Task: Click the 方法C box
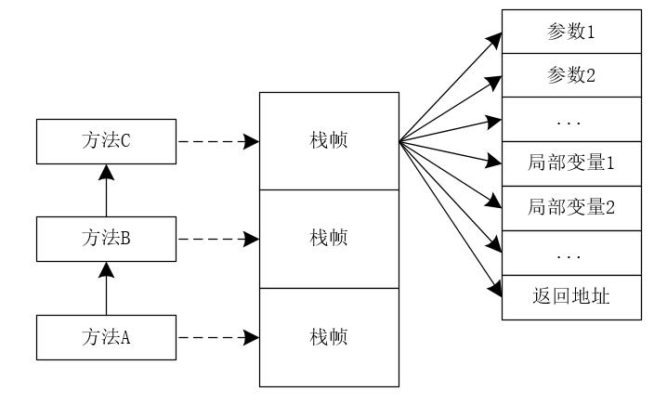[x=106, y=142]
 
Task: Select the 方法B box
[x=106, y=239]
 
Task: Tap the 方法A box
[x=106, y=336]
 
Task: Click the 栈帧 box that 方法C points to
[x=329, y=141]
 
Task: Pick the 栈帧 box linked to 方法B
[x=329, y=239]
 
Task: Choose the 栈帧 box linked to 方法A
[x=329, y=336]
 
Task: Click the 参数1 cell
[x=571, y=31]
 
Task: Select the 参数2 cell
[x=571, y=75]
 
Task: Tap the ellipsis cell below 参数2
[x=571, y=120]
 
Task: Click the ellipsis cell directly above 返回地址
[x=571, y=253]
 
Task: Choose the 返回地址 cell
[x=571, y=297]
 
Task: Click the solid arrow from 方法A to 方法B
[x=106, y=289]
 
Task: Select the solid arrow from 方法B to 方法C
[x=106, y=191]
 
